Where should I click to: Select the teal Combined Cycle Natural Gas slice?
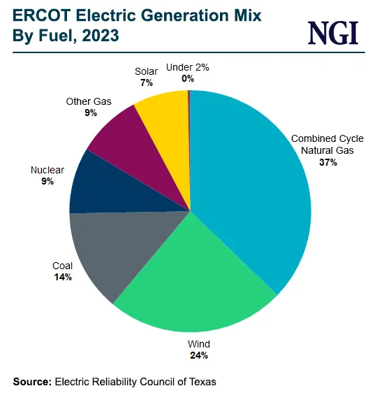coord(251,189)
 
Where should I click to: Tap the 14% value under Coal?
coord(63,277)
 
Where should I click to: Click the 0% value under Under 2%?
coord(188,78)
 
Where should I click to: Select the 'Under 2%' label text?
coord(188,68)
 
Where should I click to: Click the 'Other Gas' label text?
coord(89,101)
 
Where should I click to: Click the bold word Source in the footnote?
coord(32,382)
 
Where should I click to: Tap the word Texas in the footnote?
coord(202,382)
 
